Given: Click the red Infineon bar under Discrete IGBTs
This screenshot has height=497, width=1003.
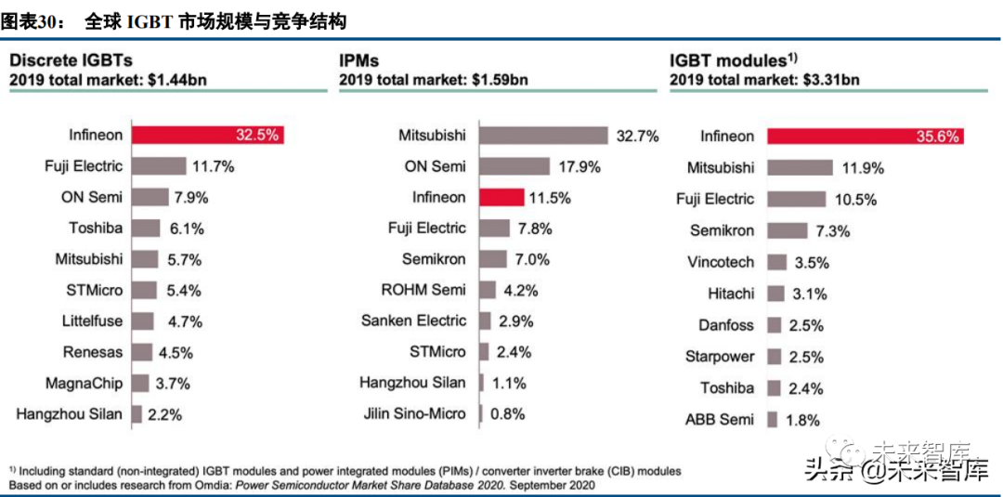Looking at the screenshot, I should coord(206,135).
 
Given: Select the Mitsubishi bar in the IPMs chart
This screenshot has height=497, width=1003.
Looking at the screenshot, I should coord(543,136).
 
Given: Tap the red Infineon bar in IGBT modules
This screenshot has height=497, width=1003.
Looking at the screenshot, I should coord(866,136).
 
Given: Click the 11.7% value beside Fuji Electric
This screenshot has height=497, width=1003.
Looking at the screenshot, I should coord(213,166).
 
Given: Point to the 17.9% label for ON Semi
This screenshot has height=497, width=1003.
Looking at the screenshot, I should coord(579,167).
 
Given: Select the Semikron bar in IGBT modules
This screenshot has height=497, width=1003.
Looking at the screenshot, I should coord(788,230).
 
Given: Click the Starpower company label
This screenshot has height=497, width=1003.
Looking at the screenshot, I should coord(720,357).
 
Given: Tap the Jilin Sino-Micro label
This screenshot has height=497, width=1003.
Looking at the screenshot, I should coord(416,413).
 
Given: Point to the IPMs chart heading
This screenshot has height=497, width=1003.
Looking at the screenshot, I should coord(359,60).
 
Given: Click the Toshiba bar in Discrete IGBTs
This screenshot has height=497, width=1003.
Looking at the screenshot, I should coord(148,228).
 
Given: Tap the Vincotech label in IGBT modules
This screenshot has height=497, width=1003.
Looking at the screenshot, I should coord(721,262).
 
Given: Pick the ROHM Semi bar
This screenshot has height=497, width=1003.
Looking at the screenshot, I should coord(487,290).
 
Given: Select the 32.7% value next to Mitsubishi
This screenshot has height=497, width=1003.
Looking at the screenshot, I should coord(637,136).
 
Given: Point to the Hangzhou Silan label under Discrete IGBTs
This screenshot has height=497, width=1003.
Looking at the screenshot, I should coord(69,413).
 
